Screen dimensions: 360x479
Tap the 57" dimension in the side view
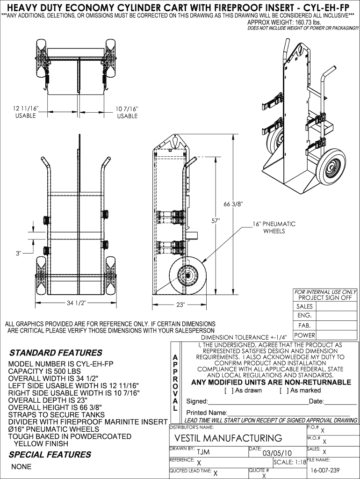coord(216,221)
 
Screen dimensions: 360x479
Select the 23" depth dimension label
coord(181,305)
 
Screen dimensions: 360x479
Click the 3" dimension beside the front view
coord(19,253)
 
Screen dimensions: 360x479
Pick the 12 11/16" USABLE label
coord(26,112)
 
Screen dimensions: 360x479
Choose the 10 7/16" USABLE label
coord(127,112)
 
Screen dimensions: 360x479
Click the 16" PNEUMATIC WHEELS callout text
coord(274,228)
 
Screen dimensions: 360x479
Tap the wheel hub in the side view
coord(187,275)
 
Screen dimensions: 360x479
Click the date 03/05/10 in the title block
coord(277,453)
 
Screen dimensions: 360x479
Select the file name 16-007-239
coord(325,471)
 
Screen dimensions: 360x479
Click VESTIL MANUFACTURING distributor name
coord(228,438)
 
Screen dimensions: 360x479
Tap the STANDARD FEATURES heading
coord(56,353)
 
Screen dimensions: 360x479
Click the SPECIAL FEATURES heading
coord(50,455)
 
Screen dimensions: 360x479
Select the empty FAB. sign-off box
coord(336,326)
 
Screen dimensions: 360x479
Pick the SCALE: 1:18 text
coord(290,462)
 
